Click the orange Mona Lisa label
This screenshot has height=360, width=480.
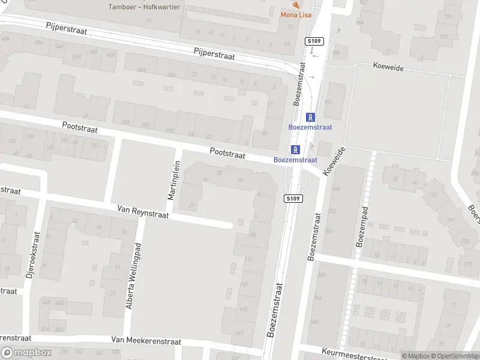tap(296, 15)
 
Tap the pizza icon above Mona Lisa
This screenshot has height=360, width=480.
tap(296, 5)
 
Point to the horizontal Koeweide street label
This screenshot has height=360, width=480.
tap(388, 68)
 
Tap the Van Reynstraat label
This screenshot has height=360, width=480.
tap(143, 211)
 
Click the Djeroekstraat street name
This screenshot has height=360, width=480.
tap(32, 259)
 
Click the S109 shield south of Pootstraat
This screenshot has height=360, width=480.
tap(292, 199)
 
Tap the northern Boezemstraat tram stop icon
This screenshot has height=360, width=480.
tap(310, 117)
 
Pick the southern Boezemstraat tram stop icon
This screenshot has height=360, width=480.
tap(295, 149)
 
